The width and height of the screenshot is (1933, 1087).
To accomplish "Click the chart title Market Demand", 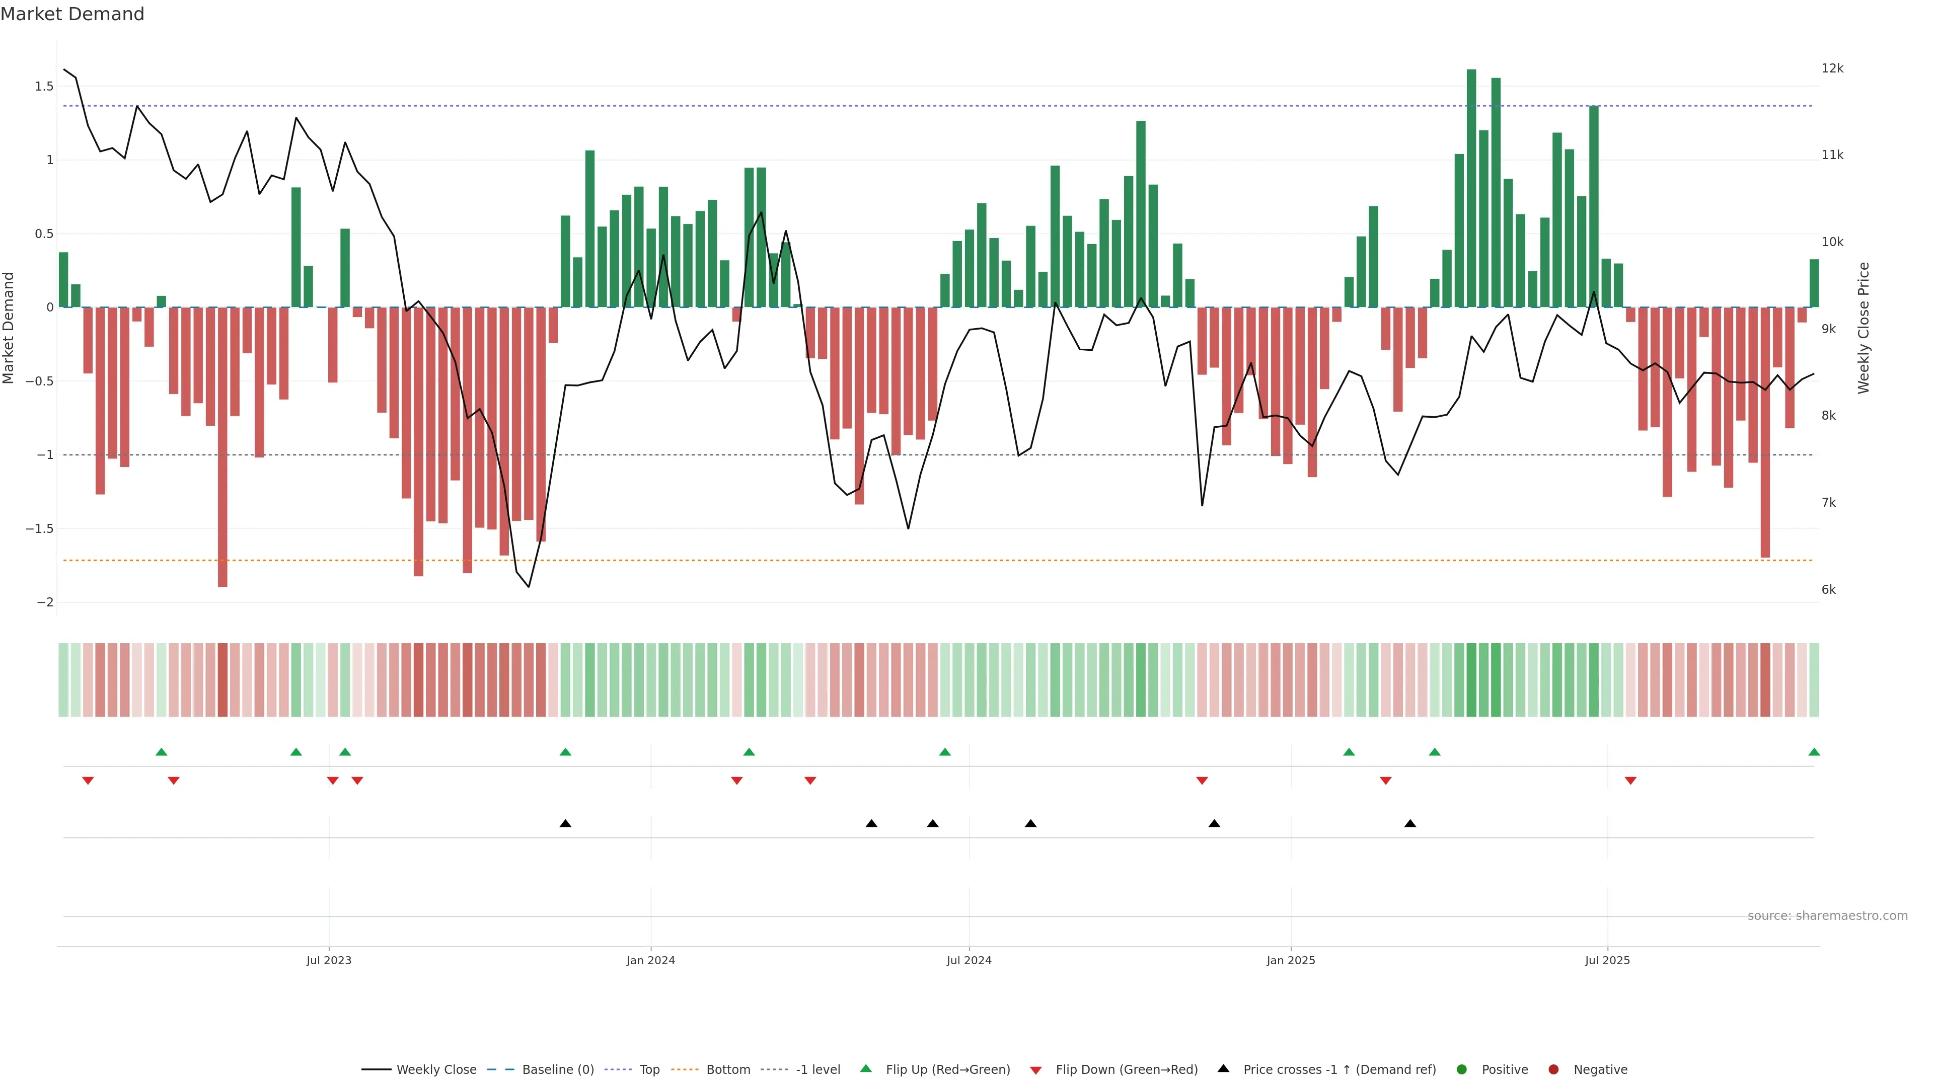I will [x=72, y=14].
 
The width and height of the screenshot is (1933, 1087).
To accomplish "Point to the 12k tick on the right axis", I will [x=1832, y=68].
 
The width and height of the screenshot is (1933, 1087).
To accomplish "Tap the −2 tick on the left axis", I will [x=44, y=602].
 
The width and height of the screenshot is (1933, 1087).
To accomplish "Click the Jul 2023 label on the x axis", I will [x=329, y=960].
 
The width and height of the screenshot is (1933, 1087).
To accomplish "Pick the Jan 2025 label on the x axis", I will [x=1291, y=960].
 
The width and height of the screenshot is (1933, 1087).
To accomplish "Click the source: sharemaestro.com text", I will [x=1827, y=916].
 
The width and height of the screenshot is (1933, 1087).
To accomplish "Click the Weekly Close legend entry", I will [x=436, y=1070].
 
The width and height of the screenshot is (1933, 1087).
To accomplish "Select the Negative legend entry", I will [x=1600, y=1070].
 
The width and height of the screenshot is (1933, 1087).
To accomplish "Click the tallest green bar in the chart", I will [x=1471, y=188].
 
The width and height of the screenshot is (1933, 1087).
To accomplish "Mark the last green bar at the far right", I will [x=1814, y=283].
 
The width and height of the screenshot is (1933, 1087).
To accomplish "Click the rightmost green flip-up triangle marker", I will [x=1814, y=752].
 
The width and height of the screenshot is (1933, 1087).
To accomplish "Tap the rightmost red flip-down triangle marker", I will [x=1630, y=781].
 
